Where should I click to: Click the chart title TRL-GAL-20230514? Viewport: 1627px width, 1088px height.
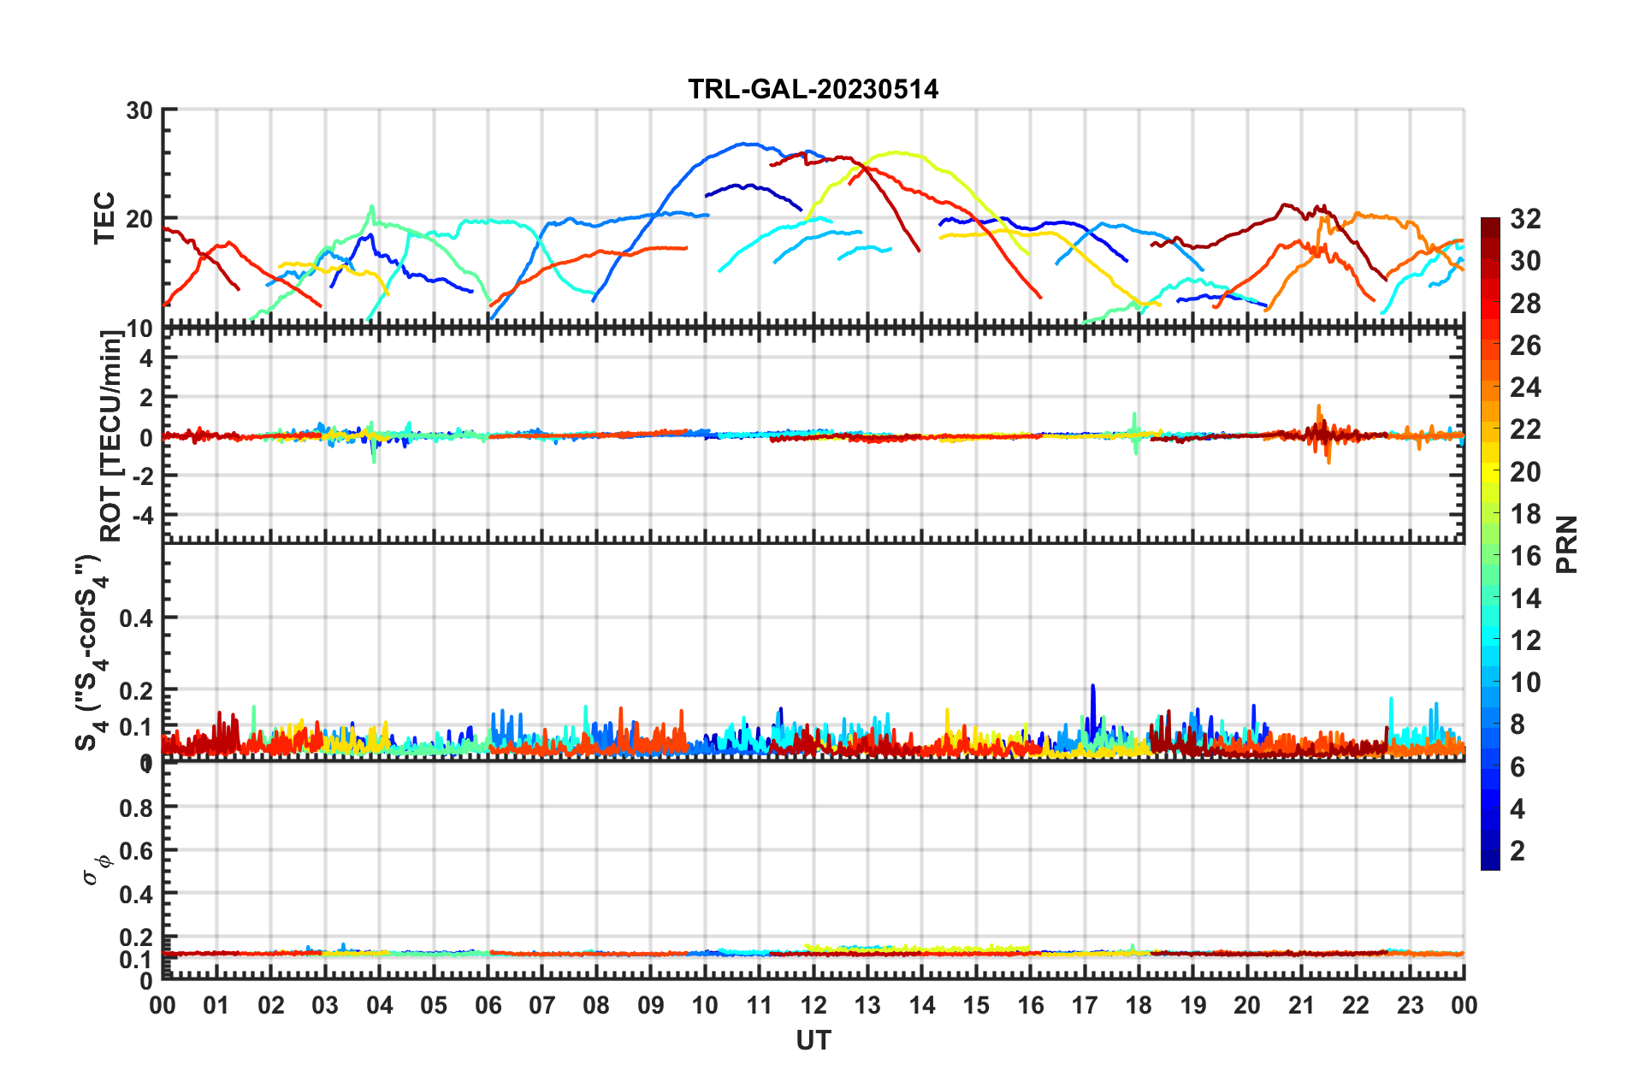(x=813, y=89)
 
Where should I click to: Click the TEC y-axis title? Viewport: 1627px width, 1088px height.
(x=104, y=218)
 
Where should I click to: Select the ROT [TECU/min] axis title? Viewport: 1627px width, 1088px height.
(x=111, y=436)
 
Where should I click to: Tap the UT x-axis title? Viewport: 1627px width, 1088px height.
(x=813, y=1040)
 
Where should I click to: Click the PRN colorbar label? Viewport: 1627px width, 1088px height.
(x=1567, y=545)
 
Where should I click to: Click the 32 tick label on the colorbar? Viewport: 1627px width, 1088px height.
(x=1525, y=219)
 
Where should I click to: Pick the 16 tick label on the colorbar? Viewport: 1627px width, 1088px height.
(x=1525, y=556)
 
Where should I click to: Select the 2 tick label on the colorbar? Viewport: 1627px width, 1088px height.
(x=1518, y=850)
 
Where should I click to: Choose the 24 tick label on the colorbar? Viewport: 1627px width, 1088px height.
(x=1525, y=387)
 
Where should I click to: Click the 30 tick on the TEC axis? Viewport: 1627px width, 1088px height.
(x=139, y=111)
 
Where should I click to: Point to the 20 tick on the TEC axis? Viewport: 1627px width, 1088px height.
(x=139, y=219)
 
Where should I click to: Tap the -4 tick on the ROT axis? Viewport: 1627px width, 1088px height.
(x=142, y=516)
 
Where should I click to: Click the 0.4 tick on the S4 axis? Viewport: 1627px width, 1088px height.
(x=135, y=618)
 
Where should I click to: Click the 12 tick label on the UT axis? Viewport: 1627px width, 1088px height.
(x=813, y=1005)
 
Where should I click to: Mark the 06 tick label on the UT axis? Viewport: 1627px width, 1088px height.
(x=488, y=1005)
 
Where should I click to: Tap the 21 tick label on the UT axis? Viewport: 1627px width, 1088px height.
(x=1301, y=1005)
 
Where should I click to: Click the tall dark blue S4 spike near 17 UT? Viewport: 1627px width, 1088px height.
(x=1092, y=689)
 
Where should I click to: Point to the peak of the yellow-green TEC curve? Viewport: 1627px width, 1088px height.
(x=896, y=152)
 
